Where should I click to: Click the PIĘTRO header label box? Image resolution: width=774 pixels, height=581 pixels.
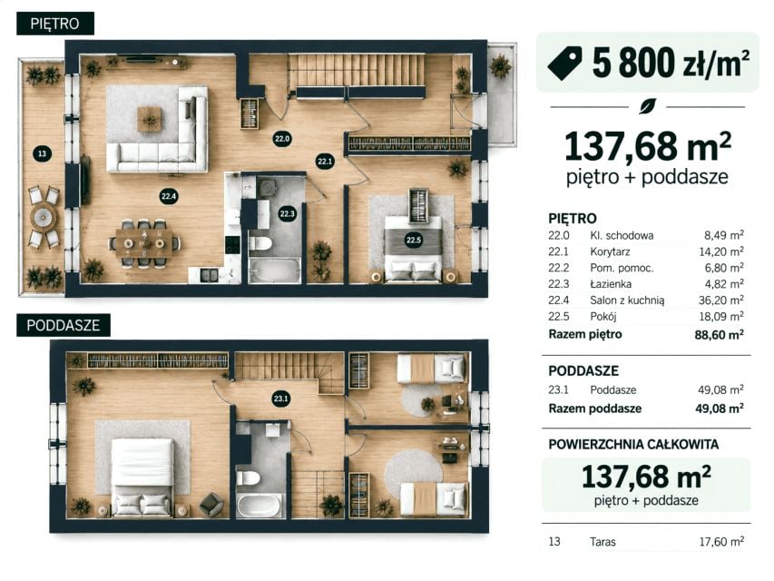point(54,24)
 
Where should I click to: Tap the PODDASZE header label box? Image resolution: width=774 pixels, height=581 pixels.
point(64,325)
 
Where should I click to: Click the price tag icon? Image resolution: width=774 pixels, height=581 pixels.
point(564,63)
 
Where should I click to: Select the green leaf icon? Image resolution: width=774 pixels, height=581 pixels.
point(647,106)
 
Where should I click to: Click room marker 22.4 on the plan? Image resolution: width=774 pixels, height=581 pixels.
point(169,196)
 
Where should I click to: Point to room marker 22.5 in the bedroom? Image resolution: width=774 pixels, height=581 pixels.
point(413,240)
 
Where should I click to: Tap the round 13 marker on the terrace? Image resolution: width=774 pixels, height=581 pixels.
point(42,153)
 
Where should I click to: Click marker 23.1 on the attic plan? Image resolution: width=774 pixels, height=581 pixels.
point(281,399)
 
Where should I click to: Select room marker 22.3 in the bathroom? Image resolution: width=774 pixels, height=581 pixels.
point(287,214)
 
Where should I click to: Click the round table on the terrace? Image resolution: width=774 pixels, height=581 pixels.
point(44,216)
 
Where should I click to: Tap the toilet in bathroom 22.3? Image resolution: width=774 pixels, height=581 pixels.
point(260,243)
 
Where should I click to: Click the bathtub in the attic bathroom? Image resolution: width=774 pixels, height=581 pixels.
point(260,505)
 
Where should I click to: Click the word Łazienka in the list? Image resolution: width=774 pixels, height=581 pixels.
point(611,284)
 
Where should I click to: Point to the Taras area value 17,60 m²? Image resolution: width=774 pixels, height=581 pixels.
point(721,541)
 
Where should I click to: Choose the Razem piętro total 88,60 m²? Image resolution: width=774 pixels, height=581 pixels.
point(720,334)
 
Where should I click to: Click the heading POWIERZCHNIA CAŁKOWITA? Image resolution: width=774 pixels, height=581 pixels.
point(633,445)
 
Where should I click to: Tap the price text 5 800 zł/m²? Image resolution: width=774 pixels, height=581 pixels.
point(671,63)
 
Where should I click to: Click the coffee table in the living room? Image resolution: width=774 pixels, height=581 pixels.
point(149,119)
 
